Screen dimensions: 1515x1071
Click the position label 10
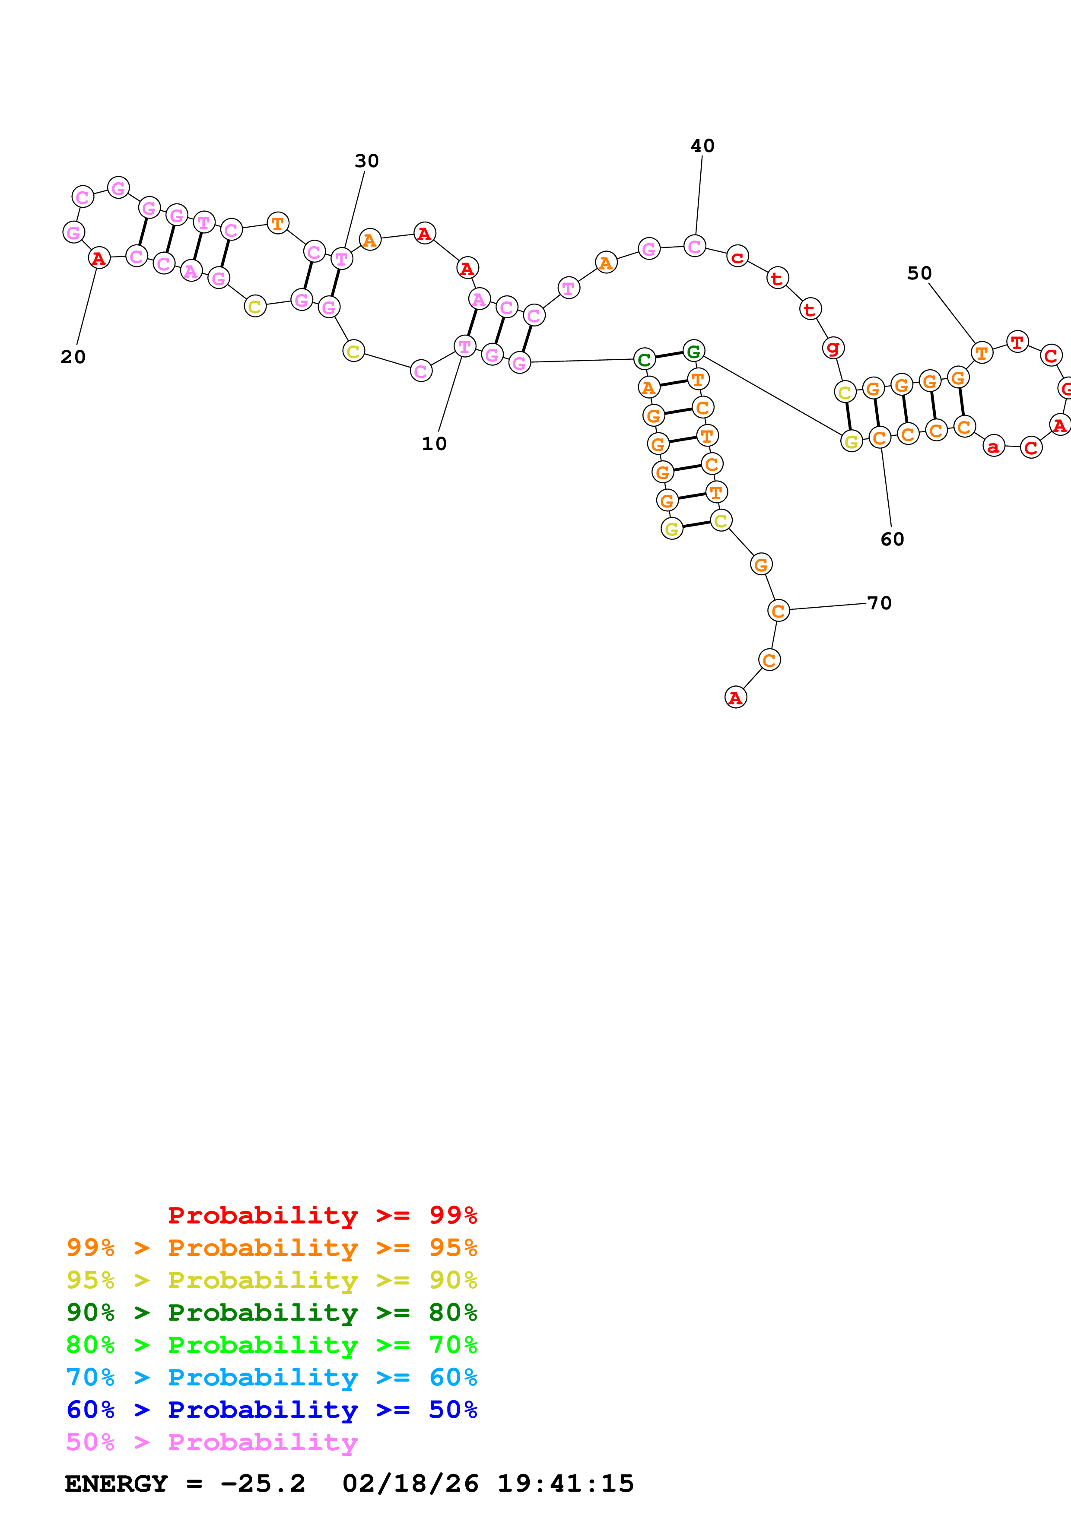[434, 444]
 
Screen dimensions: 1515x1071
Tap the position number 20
[73, 357]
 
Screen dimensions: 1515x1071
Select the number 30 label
[367, 161]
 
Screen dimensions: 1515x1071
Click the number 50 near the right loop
[919, 273]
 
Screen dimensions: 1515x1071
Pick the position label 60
[892, 539]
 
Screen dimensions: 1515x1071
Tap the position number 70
[879, 603]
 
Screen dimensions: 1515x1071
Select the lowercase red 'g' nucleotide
[833, 347]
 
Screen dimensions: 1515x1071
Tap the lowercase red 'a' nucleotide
[993, 447]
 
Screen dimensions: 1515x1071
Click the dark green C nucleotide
[644, 360]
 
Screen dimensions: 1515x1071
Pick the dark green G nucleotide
[693, 351]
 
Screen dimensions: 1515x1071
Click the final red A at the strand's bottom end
[735, 697]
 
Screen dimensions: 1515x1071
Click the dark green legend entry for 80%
[271, 1312]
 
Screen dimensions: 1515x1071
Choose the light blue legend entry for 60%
[271, 1377]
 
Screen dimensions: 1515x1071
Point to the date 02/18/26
[410, 1483]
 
